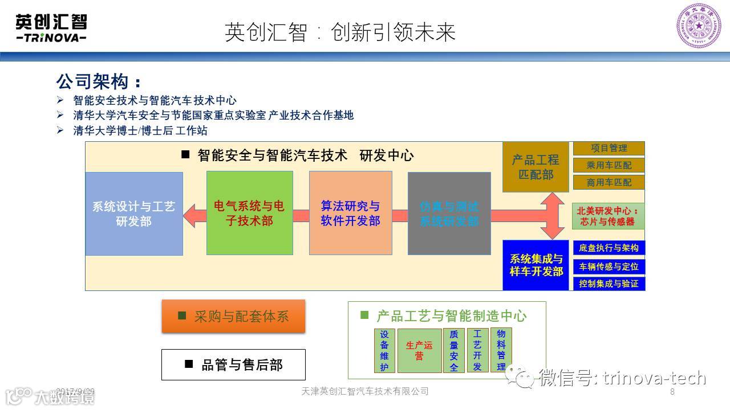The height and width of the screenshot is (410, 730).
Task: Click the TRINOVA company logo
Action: click(51, 28)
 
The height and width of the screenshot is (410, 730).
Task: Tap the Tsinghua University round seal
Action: click(698, 26)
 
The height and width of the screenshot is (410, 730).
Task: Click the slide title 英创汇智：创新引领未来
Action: click(340, 32)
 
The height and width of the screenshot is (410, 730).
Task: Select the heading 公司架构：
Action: click(98, 81)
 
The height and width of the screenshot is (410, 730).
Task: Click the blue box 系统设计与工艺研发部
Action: click(134, 214)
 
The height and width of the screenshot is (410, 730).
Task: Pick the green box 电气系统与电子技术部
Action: click(249, 213)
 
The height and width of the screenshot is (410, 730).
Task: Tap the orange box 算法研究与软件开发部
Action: click(350, 213)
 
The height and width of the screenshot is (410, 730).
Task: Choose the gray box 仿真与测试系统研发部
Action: click(449, 214)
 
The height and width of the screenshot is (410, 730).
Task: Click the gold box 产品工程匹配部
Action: click(536, 167)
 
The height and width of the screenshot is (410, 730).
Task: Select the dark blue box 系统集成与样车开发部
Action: click(536, 265)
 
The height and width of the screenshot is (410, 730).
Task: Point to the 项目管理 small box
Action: click(609, 148)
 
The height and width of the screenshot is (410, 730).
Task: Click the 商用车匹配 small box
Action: click(609, 183)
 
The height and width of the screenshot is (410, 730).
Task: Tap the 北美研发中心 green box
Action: click(608, 216)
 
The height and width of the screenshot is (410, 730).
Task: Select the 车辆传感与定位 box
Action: click(609, 266)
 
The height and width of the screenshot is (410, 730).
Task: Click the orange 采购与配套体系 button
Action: click(233, 316)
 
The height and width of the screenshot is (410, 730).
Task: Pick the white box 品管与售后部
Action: click(233, 364)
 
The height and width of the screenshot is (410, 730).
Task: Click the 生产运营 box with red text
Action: click(419, 350)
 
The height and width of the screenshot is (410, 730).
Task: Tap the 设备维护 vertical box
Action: click(384, 350)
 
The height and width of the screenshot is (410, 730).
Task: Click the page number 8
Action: click(672, 392)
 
